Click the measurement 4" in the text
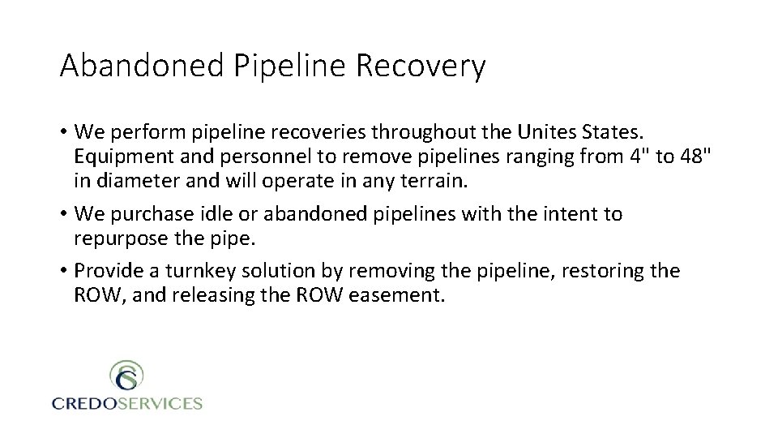[636, 156]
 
